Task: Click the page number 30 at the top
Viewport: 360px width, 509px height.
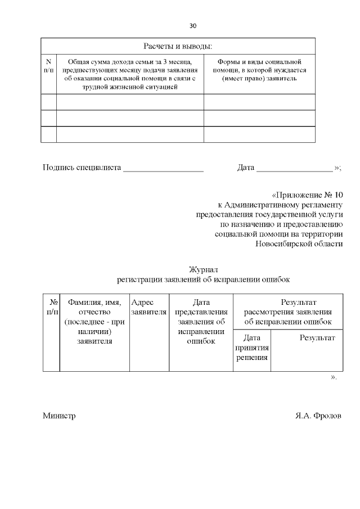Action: pyautogui.click(x=193, y=26)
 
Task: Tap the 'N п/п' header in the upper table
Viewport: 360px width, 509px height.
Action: pyautogui.click(x=48, y=65)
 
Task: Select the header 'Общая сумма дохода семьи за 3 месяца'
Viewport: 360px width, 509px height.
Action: pyautogui.click(x=130, y=74)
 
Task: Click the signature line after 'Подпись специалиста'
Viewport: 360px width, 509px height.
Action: pyautogui.click(x=163, y=168)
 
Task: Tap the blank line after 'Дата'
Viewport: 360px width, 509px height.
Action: pyautogui.click(x=294, y=168)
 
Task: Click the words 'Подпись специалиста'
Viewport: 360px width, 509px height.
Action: pyautogui.click(x=82, y=167)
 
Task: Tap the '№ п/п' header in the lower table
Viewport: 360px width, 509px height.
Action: pyautogui.click(x=51, y=307)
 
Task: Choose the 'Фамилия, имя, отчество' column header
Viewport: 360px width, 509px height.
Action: pyautogui.click(x=94, y=321)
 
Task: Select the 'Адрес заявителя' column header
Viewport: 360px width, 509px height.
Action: pyautogui.click(x=148, y=307)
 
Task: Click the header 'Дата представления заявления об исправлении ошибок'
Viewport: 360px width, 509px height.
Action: pyautogui.click(x=201, y=321)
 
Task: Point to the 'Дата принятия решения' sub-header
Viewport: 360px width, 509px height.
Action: pyautogui.click(x=252, y=348)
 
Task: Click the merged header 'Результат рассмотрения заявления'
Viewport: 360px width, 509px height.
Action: pyautogui.click(x=287, y=312)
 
